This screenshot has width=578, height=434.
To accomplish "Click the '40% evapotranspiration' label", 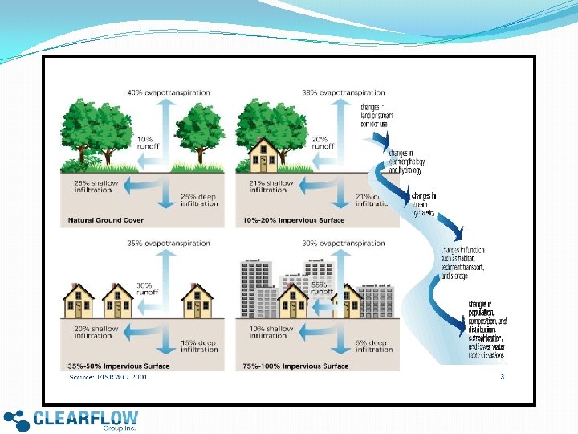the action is (169, 92).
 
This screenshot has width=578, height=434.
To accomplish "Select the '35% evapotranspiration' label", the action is (169, 243).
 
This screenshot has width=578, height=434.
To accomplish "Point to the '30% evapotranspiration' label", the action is (344, 243).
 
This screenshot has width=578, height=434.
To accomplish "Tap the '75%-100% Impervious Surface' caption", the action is (295, 366).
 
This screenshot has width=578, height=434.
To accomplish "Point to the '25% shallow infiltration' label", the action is (96, 186).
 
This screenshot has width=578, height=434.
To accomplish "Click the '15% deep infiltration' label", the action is (199, 346).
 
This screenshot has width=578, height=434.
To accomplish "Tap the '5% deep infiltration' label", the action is (373, 346).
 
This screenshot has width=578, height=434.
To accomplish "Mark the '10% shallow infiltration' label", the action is (271, 332).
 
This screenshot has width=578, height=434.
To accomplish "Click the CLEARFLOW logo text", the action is (86, 418).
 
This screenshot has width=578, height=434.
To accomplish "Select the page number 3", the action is (503, 376).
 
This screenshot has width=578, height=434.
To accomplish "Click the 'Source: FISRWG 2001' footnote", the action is (108, 376).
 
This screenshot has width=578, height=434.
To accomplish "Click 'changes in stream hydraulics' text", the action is (424, 204).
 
